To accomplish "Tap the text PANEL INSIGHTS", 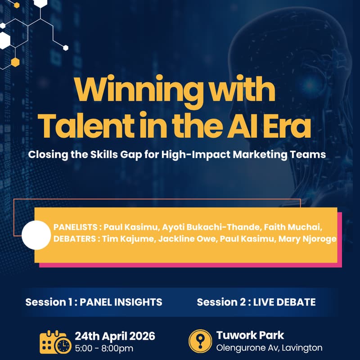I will pyautogui.click(x=121, y=302).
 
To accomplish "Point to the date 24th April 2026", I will pyautogui.click(x=115, y=336).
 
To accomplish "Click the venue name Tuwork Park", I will pyautogui.click(x=250, y=335).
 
